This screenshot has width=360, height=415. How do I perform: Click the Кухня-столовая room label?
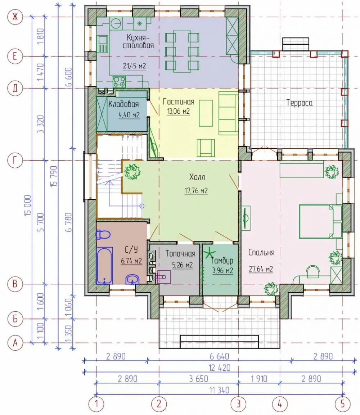tap(138, 41)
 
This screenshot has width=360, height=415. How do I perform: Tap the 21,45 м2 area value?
tap(134, 66)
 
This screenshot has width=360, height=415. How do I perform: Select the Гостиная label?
tap(179, 102)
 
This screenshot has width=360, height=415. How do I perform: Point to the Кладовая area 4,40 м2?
tap(129, 115)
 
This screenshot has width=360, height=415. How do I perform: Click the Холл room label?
tap(197, 177)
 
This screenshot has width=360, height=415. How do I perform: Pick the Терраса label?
tap(300, 103)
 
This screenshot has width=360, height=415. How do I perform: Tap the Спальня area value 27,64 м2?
tap(261, 269)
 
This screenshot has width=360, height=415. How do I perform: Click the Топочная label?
tap(180, 253)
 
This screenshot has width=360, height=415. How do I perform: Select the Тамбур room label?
tap(222, 261)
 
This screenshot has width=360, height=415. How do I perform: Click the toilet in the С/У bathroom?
tap(103, 234)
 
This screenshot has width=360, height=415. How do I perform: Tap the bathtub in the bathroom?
tap(104, 266)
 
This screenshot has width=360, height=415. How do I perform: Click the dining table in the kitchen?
tap(182, 51)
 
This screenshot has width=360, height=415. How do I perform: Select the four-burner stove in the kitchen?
tap(119, 81)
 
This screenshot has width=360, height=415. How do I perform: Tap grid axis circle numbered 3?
tap(238, 404)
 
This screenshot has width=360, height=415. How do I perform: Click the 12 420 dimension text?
tap(220, 368)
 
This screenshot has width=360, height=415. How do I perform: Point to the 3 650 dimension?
tap(198, 379)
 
